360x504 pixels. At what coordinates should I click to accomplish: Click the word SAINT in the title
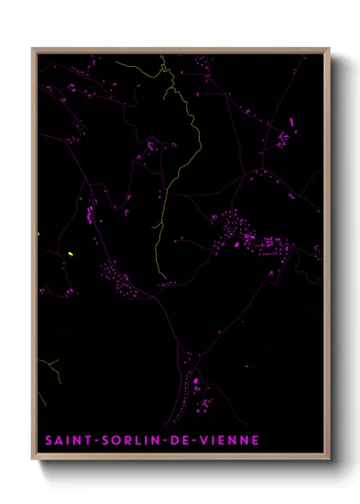(67, 441)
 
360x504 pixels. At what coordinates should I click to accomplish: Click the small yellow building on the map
(70, 254)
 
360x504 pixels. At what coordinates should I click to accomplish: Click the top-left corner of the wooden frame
(33, 49)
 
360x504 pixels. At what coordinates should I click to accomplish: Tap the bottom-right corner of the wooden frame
(327, 459)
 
